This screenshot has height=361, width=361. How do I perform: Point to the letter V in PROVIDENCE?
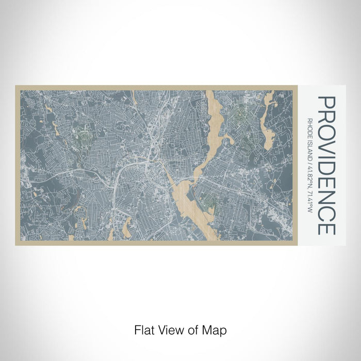pyautogui.click(x=327, y=144)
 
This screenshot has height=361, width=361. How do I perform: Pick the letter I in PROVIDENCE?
pyautogui.click(x=327, y=154)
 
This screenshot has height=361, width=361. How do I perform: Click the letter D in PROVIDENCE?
pyautogui.click(x=327, y=164)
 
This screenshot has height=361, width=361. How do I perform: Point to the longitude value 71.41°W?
pyautogui.click(x=309, y=202)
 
